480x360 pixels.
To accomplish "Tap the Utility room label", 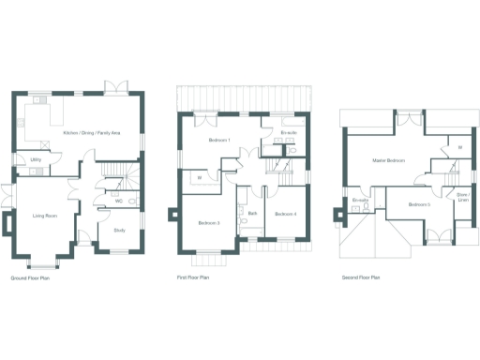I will (35, 160).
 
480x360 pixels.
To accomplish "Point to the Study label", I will (119, 230).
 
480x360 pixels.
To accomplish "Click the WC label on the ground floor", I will (119, 201).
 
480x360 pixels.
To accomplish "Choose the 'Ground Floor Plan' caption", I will (30, 278).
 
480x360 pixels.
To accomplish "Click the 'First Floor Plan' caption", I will (194, 277).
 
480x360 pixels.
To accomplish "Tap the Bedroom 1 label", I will (218, 141).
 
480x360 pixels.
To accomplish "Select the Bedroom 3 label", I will (208, 223).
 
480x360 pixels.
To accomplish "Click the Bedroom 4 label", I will (286, 215).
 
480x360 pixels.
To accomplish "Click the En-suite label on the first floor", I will (289, 134).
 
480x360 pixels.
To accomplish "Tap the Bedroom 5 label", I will (419, 204).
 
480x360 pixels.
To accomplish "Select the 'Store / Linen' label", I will (462, 200).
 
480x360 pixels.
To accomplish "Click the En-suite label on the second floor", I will (361, 201).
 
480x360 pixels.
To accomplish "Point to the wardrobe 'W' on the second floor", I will (459, 147).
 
